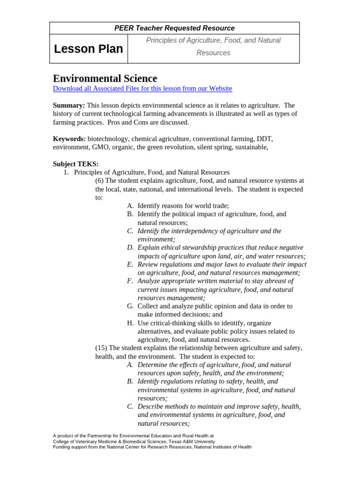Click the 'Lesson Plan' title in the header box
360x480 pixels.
point(89,49)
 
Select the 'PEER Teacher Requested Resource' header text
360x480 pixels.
point(174,28)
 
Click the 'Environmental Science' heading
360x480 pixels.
point(105,78)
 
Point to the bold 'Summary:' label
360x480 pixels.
point(69,105)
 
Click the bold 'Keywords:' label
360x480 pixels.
point(69,139)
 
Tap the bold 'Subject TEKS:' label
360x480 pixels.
point(75,164)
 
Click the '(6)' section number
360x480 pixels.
point(99,181)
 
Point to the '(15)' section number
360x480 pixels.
point(101,348)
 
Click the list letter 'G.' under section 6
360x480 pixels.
point(130,306)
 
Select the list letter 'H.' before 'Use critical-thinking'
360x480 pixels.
point(130,323)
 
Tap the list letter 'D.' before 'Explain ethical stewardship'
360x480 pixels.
point(130,247)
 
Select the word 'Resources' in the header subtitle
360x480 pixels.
point(213,53)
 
